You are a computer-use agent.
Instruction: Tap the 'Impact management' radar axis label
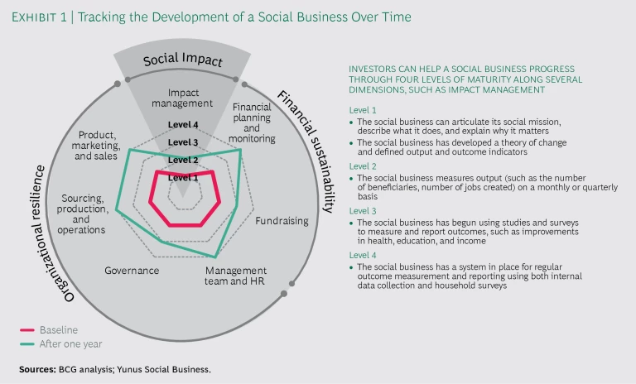pyautogui.click(x=184, y=98)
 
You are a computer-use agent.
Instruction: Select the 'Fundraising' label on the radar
pyautogui.click(x=282, y=221)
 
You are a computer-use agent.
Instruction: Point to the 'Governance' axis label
pyautogui.click(x=132, y=271)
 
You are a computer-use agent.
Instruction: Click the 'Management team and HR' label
pyautogui.click(x=236, y=276)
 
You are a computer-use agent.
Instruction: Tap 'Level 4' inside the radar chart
pyautogui.click(x=183, y=125)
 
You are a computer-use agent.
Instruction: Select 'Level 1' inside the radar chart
pyautogui.click(x=183, y=177)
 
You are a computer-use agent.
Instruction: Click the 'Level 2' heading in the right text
pyautogui.click(x=363, y=166)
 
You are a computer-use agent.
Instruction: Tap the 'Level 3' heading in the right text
pyautogui.click(x=363, y=211)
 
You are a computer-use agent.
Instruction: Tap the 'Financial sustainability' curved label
pyautogui.click(x=304, y=146)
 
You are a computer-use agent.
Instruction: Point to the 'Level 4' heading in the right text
pyautogui.click(x=363, y=256)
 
